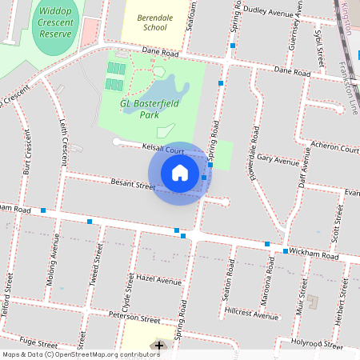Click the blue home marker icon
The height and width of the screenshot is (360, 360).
[x=180, y=173]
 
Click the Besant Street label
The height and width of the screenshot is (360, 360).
[x=133, y=185]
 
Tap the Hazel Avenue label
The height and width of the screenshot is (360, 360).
[x=159, y=281]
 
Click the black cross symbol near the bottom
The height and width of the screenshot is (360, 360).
[x=159, y=346]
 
